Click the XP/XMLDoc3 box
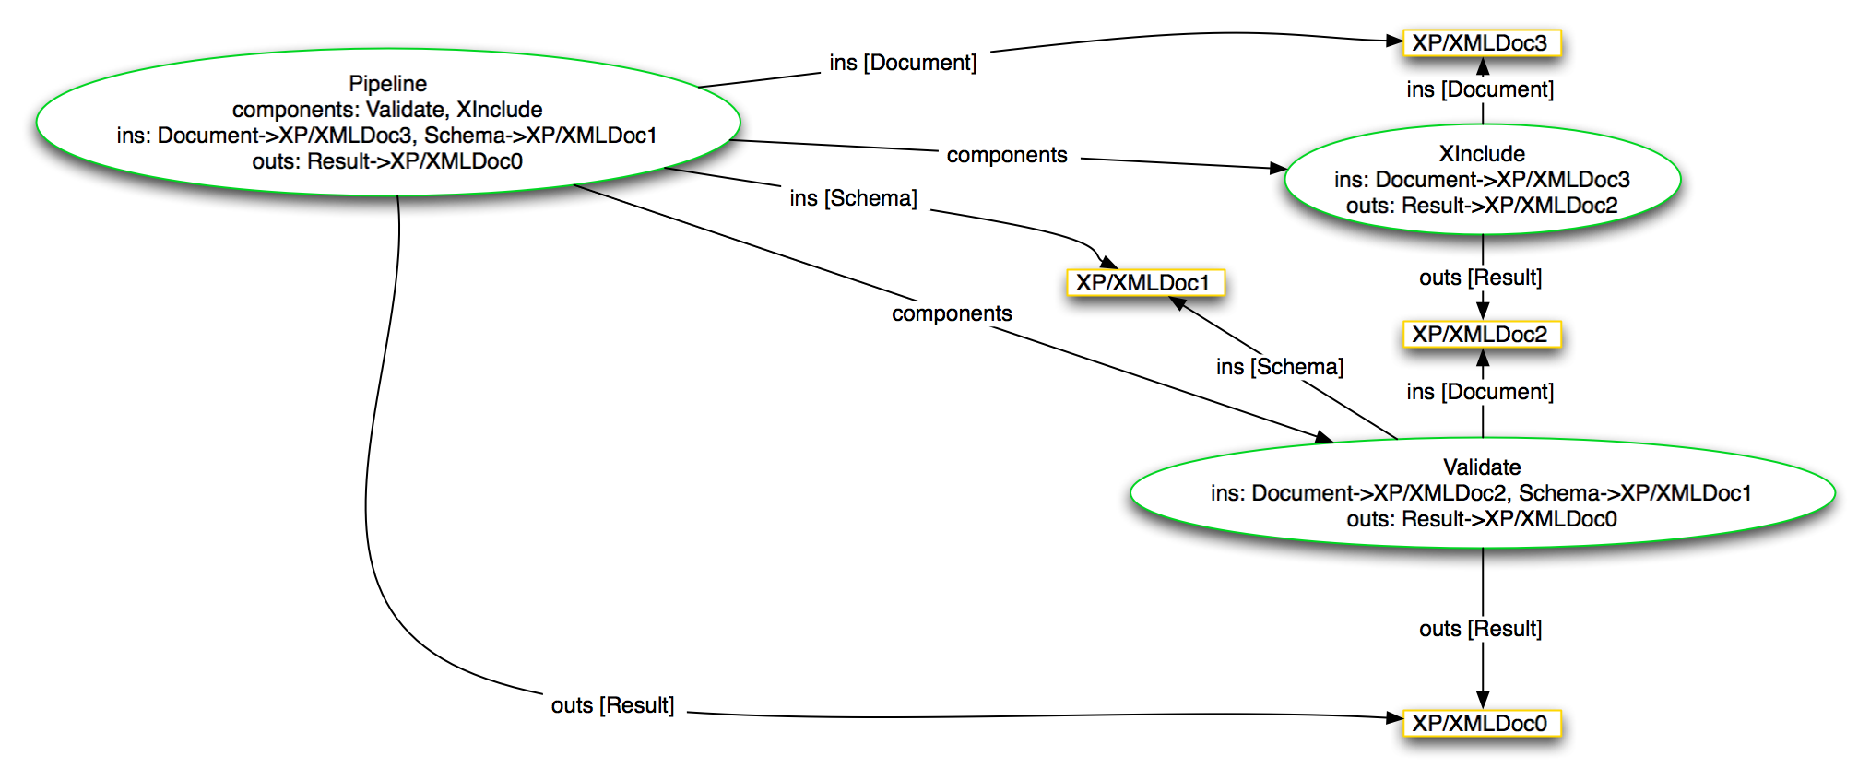point(1481,43)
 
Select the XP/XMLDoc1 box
point(1144,282)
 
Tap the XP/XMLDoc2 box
point(1481,334)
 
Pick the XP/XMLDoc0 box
point(1481,723)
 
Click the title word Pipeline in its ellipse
point(387,84)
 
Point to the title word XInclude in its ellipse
point(1482,154)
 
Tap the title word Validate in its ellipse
point(1482,467)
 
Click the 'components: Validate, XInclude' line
point(387,110)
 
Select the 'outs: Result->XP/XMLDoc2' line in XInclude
point(1482,206)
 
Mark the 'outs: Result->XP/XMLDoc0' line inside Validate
point(1482,519)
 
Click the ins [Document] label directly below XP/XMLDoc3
point(1481,89)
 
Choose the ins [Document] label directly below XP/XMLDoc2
point(1481,392)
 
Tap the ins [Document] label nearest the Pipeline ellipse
point(904,63)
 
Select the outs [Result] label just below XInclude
point(1481,278)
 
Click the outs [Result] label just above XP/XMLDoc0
point(1481,629)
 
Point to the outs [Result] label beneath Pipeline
point(613,705)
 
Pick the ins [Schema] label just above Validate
point(1280,367)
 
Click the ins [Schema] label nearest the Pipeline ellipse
point(854,198)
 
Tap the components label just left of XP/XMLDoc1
point(953,313)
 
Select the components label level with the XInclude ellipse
point(1007,155)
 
